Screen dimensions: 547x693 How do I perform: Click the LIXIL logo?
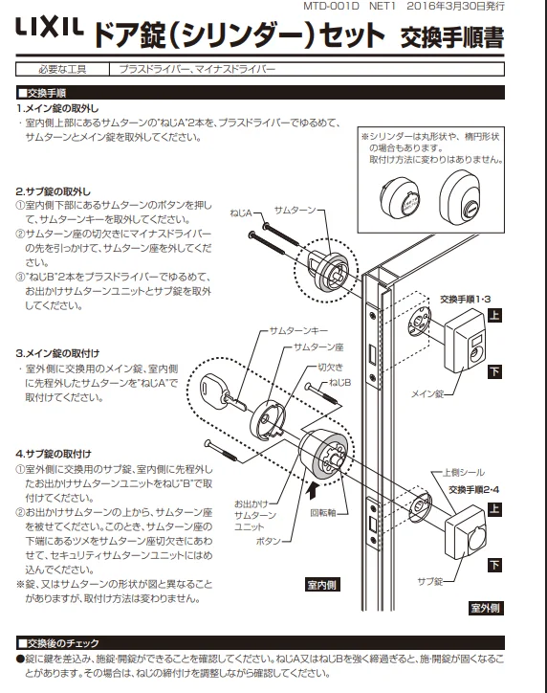50,27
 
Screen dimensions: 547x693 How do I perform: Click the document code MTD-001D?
331,6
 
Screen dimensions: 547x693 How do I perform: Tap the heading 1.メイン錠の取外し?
57,108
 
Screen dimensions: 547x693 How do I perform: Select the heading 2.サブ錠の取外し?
53,191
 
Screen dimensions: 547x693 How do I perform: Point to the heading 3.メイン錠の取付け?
57,353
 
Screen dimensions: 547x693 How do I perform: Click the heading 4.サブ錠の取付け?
54,454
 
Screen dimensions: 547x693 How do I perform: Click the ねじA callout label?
241,213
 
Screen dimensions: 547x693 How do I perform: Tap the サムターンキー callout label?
299,330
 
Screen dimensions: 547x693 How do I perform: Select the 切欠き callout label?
330,368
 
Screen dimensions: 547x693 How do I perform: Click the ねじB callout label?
339,382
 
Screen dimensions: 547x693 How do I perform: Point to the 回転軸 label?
322,513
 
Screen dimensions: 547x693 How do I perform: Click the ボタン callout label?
269,541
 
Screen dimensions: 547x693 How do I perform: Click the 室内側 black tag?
322,585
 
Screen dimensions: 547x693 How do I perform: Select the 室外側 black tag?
486,608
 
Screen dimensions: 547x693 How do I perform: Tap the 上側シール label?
464,473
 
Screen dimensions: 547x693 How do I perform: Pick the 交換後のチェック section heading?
58,643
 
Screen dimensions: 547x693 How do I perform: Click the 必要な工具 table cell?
62,69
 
